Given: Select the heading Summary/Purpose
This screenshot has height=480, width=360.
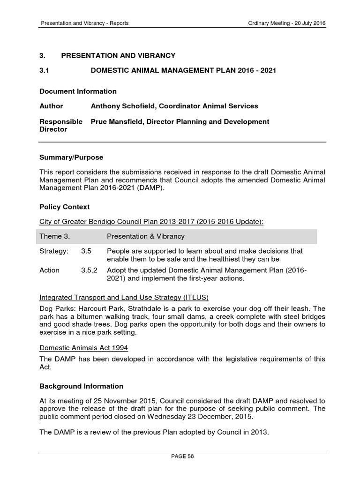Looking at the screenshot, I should point(71,157).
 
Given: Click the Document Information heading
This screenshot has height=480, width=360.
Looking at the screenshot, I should point(78,91).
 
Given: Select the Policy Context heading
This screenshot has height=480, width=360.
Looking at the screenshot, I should point(64,207).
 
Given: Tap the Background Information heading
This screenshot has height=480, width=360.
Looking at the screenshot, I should point(81,386).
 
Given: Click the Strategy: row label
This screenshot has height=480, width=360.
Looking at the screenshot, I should point(54,251).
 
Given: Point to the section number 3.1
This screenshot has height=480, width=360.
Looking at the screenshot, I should point(44,70).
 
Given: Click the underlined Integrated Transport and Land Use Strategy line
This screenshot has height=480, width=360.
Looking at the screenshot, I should point(124,297).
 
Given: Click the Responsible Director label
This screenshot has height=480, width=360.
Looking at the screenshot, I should point(61,125).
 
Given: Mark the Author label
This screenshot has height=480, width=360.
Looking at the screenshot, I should point(51,106).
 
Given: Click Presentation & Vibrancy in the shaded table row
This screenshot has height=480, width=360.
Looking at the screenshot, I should point(146,236).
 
